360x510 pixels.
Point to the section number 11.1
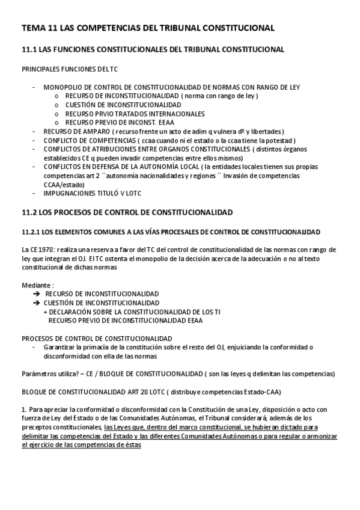[29, 49]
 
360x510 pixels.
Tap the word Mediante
[35, 284]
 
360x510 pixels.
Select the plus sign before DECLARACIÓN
[46, 312]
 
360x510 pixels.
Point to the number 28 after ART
[123, 391]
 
